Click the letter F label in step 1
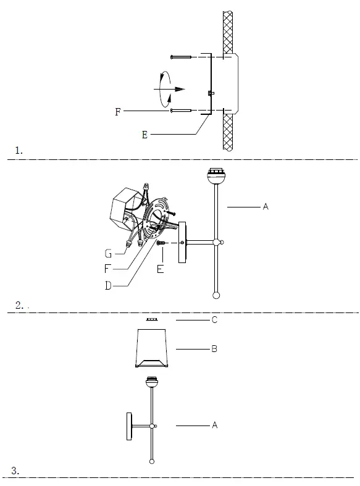coord(117,112)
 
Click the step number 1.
coord(19,150)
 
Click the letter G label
coord(108,253)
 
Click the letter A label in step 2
coord(266,207)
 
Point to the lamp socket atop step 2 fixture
coord(216,175)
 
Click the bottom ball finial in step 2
coord(216,295)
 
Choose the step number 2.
coord(19,306)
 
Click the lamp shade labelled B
coord(153,348)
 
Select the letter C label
coord(214,321)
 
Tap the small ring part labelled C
coord(151,321)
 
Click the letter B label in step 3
coord(214,349)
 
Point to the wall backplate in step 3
coord(130,426)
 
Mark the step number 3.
coord(16,471)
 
